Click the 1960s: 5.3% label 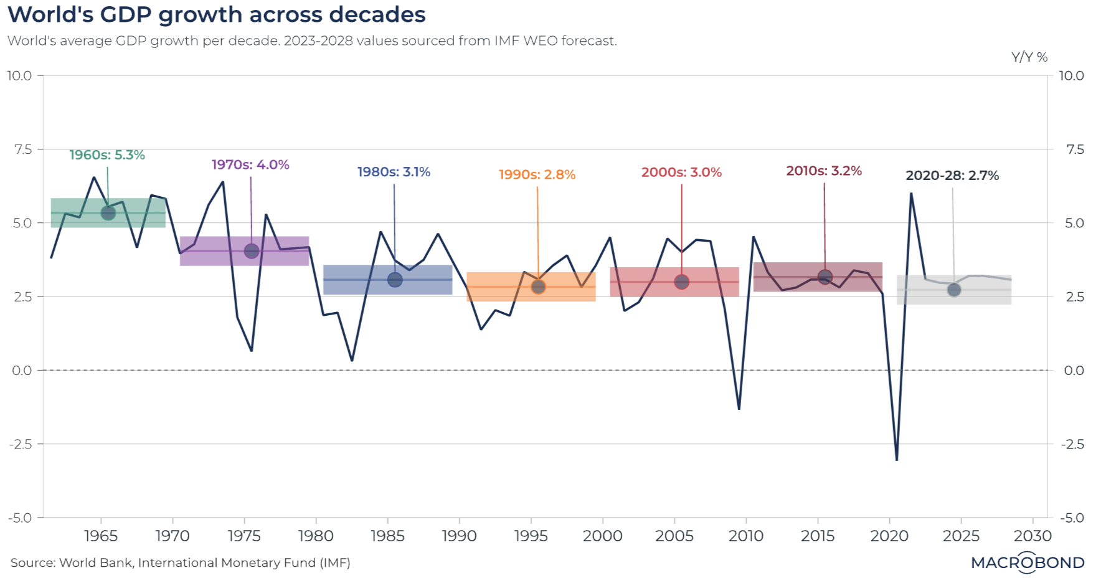point(106,155)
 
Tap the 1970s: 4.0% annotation point(250,165)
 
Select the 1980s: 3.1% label point(394,172)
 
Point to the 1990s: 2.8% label point(537,175)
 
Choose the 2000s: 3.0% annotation point(681,173)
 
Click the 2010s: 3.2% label point(824,171)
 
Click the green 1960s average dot point(108,213)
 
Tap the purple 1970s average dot point(252,251)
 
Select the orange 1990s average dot point(538,287)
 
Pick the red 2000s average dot point(682,282)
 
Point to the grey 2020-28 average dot point(954,290)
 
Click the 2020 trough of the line point(897,460)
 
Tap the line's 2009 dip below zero point(739,409)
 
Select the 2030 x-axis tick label point(1032,536)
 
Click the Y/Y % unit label point(1029,57)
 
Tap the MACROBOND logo point(1028,563)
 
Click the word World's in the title point(50,14)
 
